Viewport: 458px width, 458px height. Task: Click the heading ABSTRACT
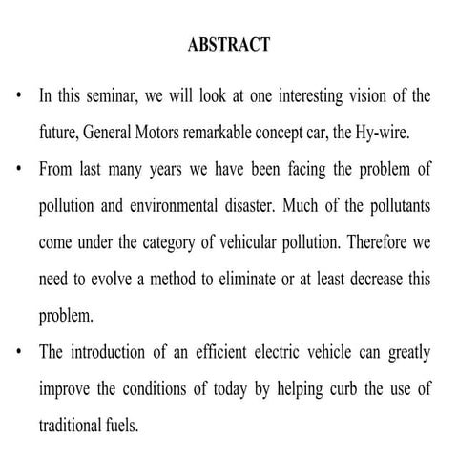tap(229, 45)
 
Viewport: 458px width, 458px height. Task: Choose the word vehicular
tap(252, 242)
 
